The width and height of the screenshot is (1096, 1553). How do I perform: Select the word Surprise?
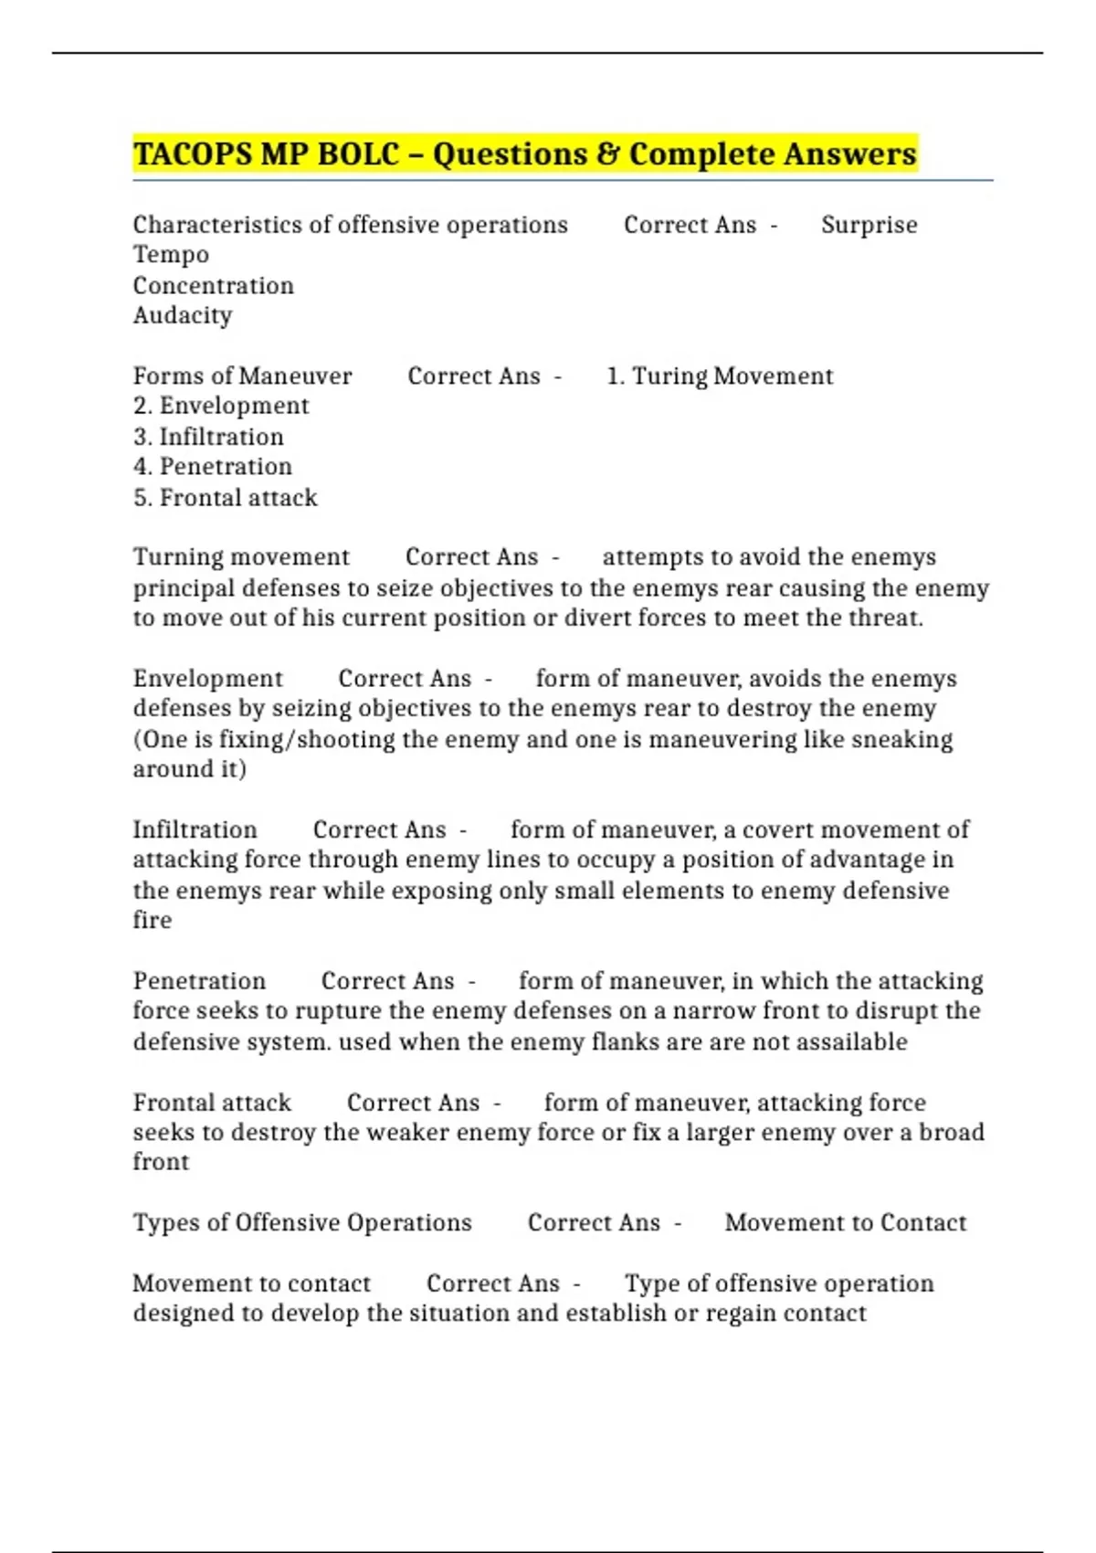[x=869, y=225]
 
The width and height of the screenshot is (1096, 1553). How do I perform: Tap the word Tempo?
[x=171, y=255]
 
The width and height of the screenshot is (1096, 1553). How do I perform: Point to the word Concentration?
[x=213, y=285]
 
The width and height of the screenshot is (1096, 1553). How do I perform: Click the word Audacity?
[x=182, y=315]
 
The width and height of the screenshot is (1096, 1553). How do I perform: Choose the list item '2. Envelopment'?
[x=221, y=406]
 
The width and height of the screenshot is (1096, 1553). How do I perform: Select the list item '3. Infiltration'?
[x=208, y=437]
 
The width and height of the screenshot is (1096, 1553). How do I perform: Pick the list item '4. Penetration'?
[x=212, y=466]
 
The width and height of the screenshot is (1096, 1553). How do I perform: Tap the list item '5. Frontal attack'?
[x=225, y=497]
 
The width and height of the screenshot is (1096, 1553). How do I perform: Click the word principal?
[x=184, y=588]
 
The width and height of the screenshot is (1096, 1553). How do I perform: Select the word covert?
[x=775, y=829]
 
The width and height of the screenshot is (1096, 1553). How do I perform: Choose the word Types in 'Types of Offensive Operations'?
[x=164, y=1222]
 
